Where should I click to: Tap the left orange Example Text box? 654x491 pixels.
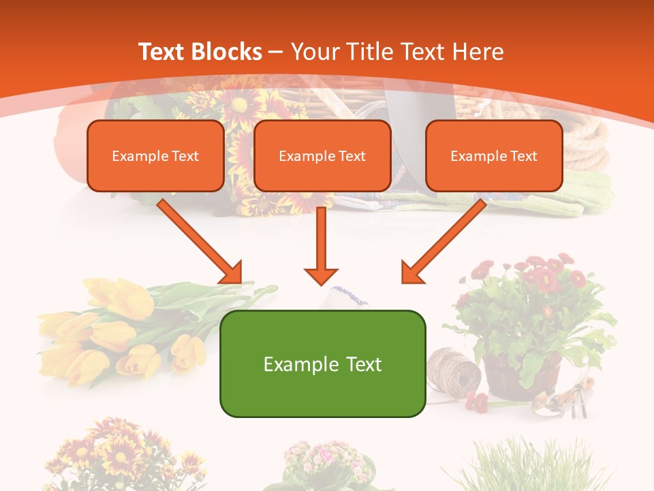click(x=155, y=156)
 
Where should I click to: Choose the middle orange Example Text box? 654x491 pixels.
click(x=322, y=156)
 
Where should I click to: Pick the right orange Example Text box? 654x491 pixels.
click(x=494, y=156)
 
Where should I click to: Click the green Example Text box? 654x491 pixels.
click(x=322, y=364)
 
